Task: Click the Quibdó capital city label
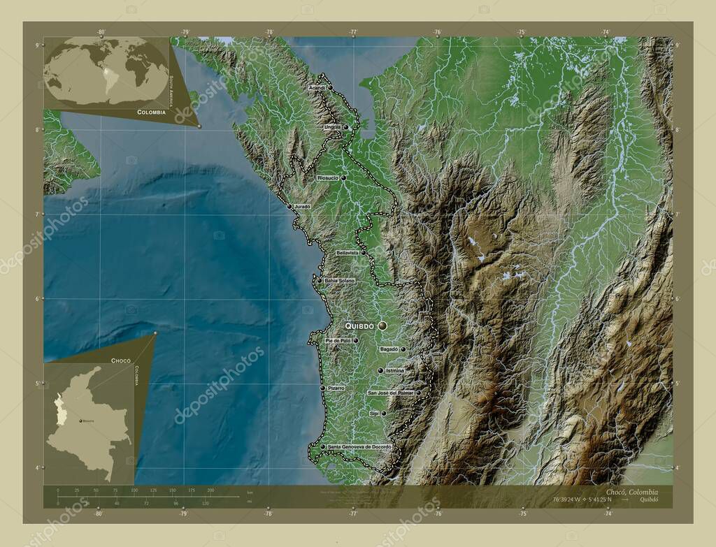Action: [x=359, y=326]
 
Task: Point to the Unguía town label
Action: [x=332, y=127]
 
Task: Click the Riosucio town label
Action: [x=328, y=178]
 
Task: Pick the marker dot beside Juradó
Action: [x=290, y=206]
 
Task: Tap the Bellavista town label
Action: [x=348, y=252]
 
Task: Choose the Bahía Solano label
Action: [x=340, y=280]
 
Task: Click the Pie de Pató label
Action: [x=338, y=340]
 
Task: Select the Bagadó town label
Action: [x=388, y=349]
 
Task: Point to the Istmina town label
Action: [x=395, y=370]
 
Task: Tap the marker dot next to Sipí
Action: [x=384, y=414]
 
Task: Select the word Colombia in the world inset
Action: [x=151, y=112]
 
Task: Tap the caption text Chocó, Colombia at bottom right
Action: [x=627, y=492]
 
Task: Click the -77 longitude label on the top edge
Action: [x=353, y=32]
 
